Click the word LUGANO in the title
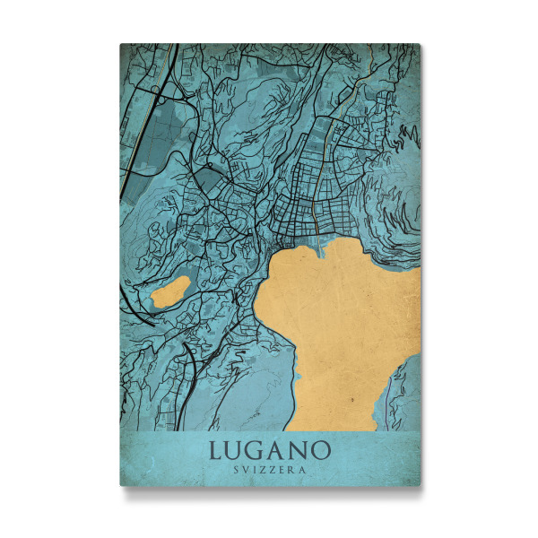click(270, 448)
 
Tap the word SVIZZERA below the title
click(270, 470)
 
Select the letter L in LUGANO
click(216, 448)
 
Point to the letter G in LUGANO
click(258, 448)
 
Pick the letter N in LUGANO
click(299, 448)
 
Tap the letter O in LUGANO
click(321, 448)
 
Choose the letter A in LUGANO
click(279, 448)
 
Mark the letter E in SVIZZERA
click(282, 470)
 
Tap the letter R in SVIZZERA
click(292, 470)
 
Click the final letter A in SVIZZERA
click(303, 470)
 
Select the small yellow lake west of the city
click(169, 292)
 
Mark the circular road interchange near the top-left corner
click(156, 90)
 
